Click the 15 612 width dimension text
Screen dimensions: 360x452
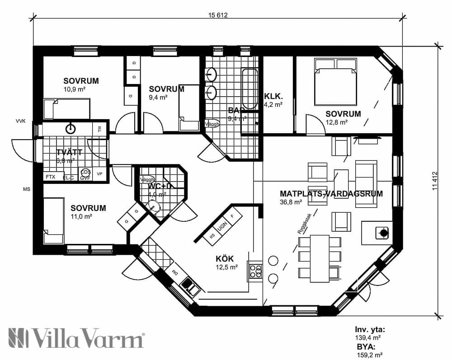click(217, 15)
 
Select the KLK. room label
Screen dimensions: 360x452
click(273, 96)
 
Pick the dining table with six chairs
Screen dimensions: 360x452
click(319, 258)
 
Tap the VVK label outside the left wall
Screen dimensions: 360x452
click(21, 121)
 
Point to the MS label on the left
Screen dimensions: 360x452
click(27, 189)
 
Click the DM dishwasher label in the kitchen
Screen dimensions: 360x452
click(174, 272)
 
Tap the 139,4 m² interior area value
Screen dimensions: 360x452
click(368, 337)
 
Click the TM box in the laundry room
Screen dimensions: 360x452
click(99, 129)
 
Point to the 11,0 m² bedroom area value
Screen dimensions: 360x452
click(81, 216)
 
